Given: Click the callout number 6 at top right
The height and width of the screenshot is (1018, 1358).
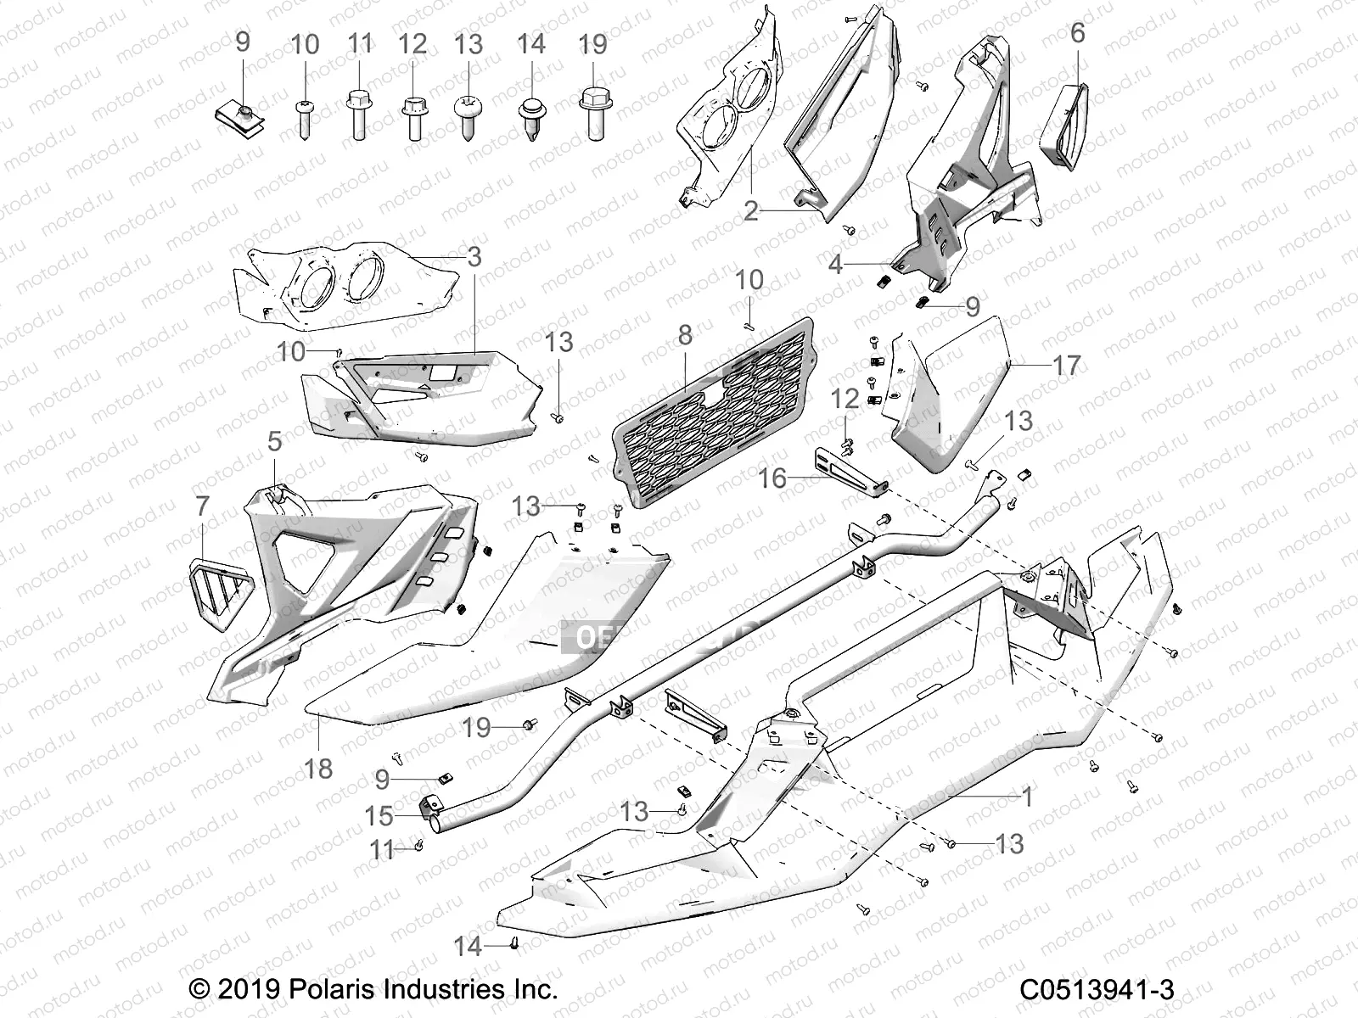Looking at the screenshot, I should [x=1077, y=33].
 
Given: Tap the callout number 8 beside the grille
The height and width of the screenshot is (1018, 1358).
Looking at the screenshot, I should [x=685, y=334].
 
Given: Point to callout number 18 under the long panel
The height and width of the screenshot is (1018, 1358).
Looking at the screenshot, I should [x=318, y=769].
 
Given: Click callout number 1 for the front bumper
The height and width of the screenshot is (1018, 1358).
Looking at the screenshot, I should [x=1027, y=797].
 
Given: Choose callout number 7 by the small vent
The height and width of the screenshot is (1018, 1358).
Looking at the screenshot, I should [x=202, y=506].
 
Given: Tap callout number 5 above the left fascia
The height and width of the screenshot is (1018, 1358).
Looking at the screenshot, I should [x=274, y=441].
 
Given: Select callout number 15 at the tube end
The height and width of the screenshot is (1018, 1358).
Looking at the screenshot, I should [x=379, y=816].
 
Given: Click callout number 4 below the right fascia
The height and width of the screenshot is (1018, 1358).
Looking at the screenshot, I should [x=836, y=265].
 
